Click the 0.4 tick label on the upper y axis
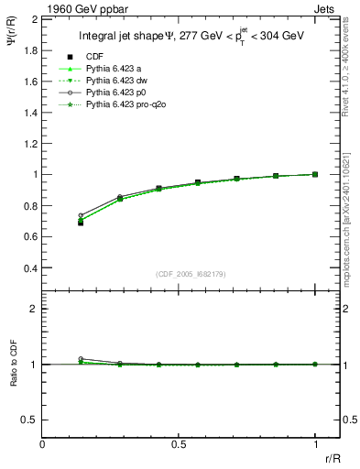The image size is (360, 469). click(29, 268)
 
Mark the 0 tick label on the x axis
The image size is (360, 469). click(42, 444)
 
